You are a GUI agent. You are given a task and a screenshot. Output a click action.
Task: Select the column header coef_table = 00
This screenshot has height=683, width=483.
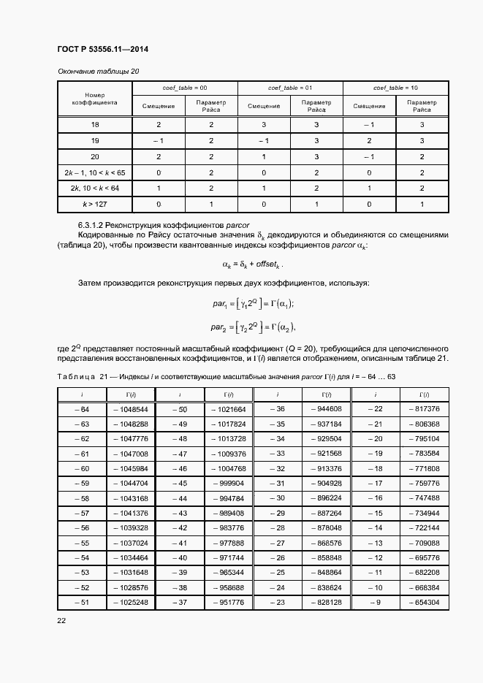tap(185, 88)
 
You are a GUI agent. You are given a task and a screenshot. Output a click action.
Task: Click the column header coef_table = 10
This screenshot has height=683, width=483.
tap(395, 88)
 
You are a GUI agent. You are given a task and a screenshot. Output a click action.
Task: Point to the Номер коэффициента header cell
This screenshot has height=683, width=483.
tap(94, 99)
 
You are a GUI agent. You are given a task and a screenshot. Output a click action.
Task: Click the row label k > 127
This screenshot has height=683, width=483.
tap(94, 204)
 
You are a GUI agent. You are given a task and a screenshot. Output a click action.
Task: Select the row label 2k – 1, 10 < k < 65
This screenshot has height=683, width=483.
tap(94, 172)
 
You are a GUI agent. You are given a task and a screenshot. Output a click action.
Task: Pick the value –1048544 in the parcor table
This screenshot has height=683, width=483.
tap(131, 409)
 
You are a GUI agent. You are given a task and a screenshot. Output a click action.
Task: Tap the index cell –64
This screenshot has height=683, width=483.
tap(82, 409)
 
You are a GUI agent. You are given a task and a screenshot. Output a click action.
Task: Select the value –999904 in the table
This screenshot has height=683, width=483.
tap(227, 484)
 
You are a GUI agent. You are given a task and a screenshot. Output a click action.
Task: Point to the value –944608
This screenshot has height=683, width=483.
tap(324, 409)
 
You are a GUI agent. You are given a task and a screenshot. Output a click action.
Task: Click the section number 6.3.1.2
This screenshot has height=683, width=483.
tap(94, 224)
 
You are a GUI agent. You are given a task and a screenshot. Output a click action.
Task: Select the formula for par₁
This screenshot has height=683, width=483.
tap(253, 303)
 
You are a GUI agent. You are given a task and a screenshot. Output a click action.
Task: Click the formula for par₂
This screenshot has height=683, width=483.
tap(253, 327)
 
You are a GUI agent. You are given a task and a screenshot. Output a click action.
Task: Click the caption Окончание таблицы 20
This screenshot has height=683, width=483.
tap(98, 71)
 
